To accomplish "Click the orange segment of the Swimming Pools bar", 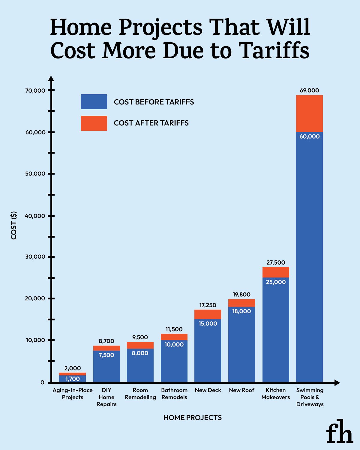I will (309, 114).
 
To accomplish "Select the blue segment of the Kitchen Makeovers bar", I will (276, 330).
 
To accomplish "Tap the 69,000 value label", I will (309, 90).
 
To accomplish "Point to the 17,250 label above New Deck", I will (208, 305).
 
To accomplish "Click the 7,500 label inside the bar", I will (106, 355).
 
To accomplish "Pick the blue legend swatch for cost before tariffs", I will (94, 102).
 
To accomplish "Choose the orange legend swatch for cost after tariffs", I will (94, 123).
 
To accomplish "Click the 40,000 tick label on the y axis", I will (35, 216).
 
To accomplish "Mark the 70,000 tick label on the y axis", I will (35, 91).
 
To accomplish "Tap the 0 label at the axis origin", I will (42, 382).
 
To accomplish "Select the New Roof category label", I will (241, 390).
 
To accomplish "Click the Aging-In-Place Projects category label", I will (73, 394).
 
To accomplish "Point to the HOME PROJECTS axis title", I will (192, 418).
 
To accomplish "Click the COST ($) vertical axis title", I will (14, 225).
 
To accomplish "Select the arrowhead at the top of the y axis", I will (51, 79).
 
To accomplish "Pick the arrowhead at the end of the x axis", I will (337, 382).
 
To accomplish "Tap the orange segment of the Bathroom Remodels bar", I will (174, 337).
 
